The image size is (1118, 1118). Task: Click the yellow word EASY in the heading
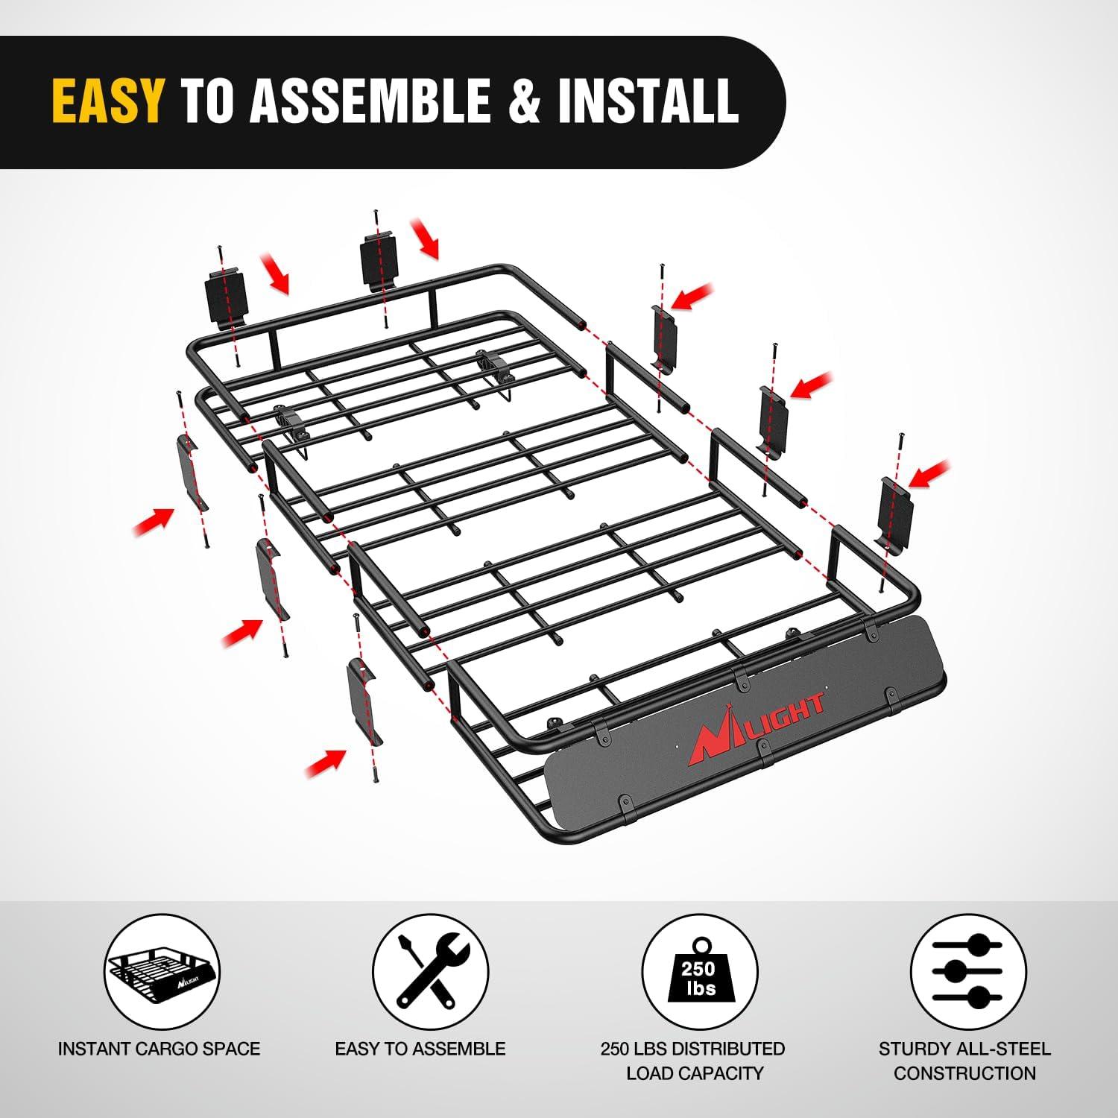pos(108,101)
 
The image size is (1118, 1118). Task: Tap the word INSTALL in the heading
pos(648,101)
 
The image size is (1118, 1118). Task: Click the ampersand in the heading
pos(526,101)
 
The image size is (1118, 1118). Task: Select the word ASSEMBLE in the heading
pos(370,101)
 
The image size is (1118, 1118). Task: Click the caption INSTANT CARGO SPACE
pos(160,1049)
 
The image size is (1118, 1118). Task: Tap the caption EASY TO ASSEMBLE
pos(420,1049)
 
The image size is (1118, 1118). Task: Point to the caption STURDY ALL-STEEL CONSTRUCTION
pos(964,1061)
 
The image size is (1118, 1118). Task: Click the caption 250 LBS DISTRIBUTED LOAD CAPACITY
pos(693,1061)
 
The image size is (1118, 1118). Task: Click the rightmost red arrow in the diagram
pos(930,474)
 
